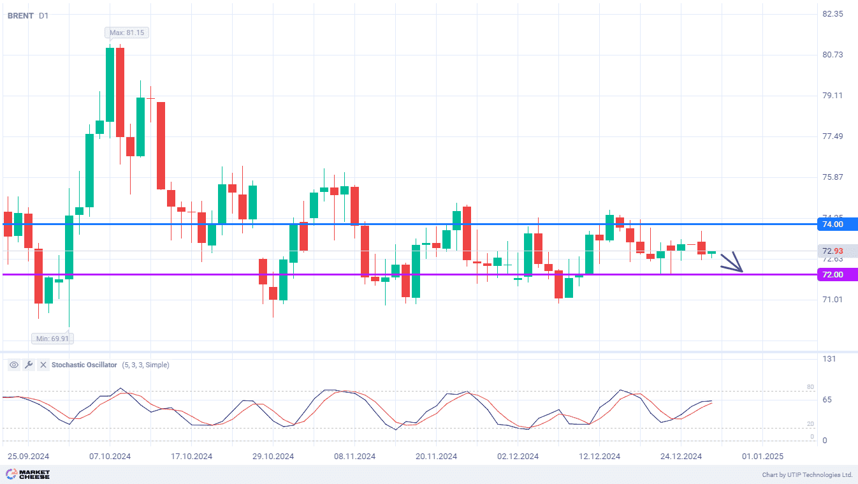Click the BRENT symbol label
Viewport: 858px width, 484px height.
20,15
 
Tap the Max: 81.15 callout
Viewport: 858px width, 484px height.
127,33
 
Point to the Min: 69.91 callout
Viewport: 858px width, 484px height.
51,339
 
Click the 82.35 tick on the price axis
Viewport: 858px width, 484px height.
833,14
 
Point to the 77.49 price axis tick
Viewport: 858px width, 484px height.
833,136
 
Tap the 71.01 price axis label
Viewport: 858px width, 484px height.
833,300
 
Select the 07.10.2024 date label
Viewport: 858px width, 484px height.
110,457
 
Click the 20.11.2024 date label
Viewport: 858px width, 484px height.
436,457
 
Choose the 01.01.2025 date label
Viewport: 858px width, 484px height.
762,457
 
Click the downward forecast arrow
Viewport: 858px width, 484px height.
733,263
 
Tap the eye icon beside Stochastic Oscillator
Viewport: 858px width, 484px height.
13,365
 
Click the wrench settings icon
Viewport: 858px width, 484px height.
28,365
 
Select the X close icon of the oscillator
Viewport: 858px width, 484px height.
43,365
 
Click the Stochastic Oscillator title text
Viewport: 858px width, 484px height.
84,365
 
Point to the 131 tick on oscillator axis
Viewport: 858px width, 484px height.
829,359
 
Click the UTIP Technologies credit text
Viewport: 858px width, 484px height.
807,475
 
